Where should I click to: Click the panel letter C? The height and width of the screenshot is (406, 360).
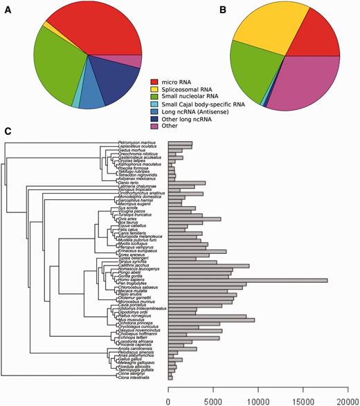(x=8, y=131)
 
